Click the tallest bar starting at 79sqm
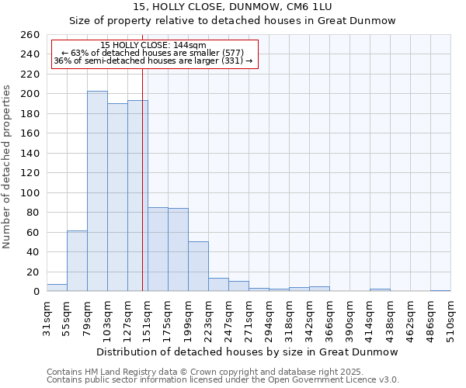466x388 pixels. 97,191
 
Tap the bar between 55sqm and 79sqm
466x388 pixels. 77,261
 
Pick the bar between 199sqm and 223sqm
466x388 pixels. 198,266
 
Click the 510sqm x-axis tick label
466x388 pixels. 450,318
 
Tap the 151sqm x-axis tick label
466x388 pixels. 148,318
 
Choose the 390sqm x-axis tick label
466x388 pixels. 329,318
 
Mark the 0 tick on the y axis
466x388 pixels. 36,292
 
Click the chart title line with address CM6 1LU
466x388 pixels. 233,7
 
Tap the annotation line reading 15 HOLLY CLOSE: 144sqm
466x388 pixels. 153,45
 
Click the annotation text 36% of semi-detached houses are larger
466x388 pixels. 153,61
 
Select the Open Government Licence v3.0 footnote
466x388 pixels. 222,380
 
